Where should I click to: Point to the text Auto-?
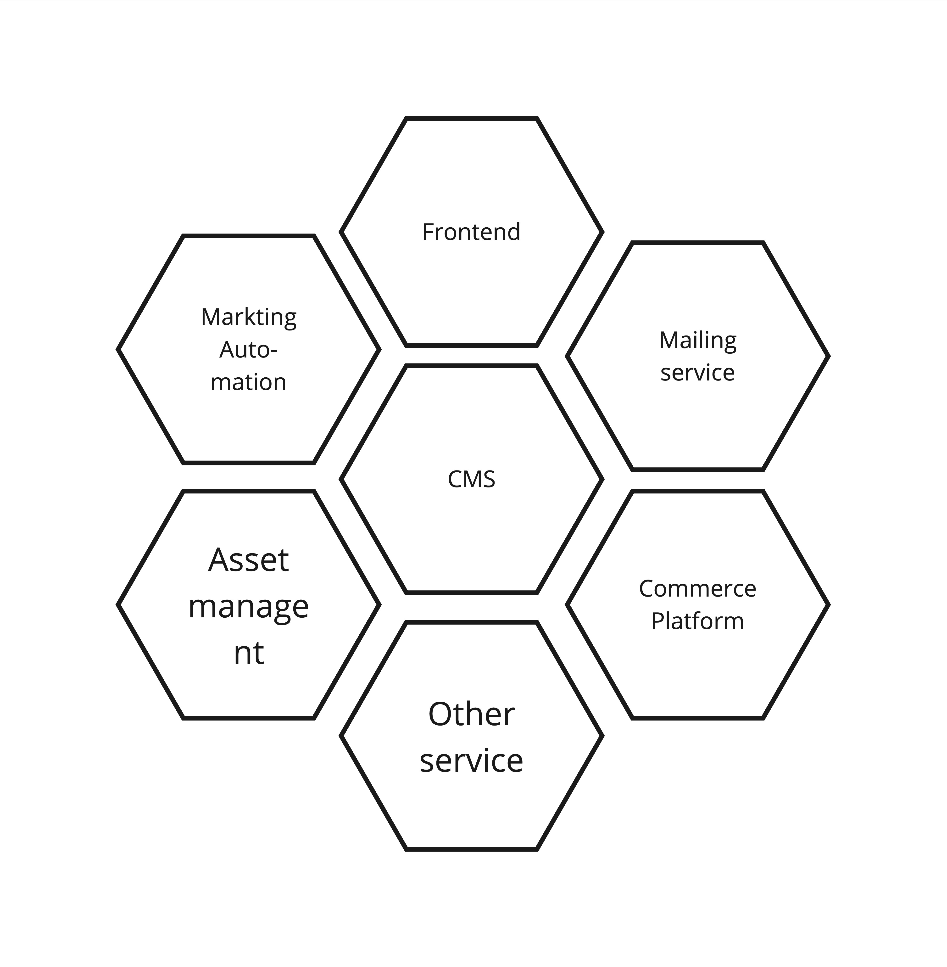[249, 350]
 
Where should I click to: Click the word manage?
[249, 608]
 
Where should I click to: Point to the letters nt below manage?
[249, 653]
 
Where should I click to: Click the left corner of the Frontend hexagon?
[341, 232]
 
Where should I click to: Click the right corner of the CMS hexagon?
[602, 480]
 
